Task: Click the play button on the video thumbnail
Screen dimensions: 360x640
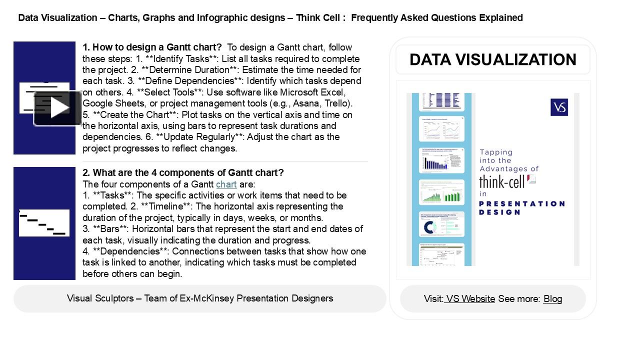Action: coord(58,108)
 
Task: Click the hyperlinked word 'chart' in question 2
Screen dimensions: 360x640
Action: coord(226,184)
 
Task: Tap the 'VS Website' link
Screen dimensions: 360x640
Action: coord(470,299)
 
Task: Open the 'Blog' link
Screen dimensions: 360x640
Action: coord(552,299)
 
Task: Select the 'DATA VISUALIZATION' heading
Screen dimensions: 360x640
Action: coord(492,59)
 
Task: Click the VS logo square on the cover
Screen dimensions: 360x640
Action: coord(559,107)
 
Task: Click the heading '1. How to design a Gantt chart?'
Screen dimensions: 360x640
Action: coord(152,47)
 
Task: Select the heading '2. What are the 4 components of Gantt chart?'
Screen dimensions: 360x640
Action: coord(183,173)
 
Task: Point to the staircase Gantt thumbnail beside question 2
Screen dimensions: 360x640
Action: coord(44,223)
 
